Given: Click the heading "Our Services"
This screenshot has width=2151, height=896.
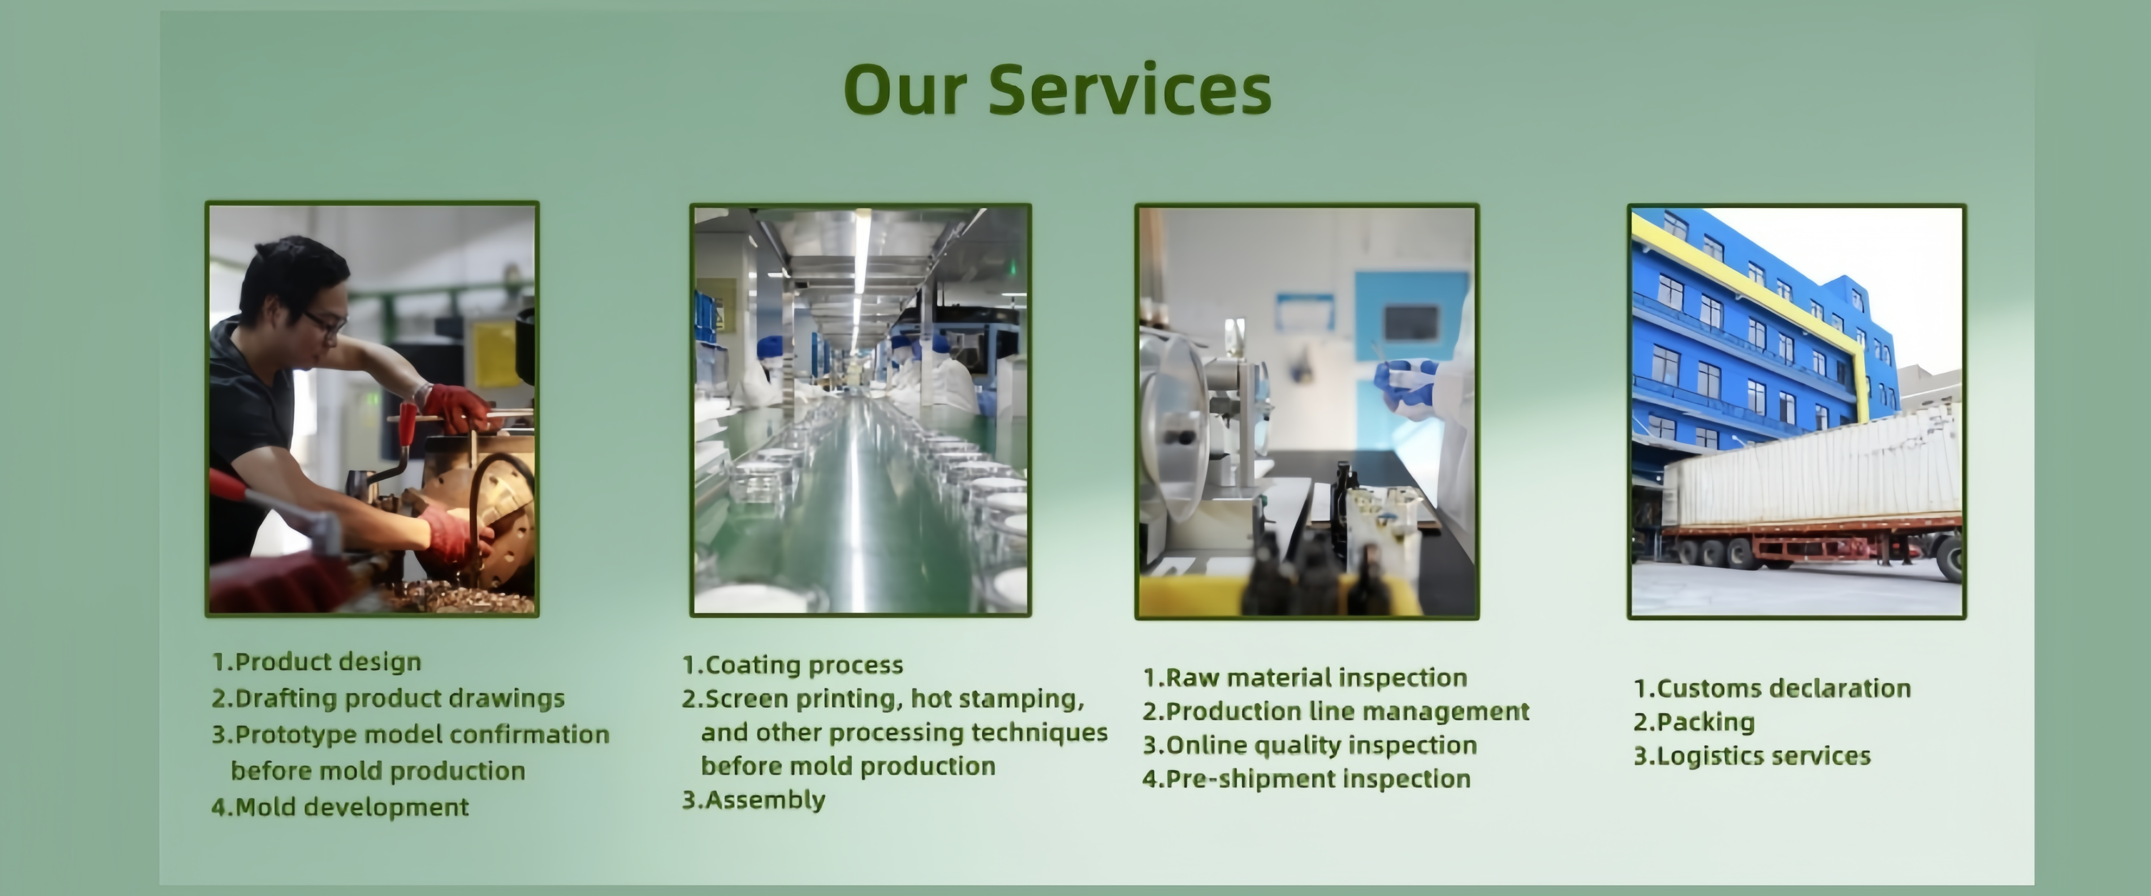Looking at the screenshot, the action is (1057, 89).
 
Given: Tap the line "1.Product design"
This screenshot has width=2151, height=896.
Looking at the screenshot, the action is (316, 662).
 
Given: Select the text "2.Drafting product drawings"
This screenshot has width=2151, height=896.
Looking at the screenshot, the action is (388, 698).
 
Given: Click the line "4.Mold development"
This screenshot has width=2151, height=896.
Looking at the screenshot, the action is (340, 807).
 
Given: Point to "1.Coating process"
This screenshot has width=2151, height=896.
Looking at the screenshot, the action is (792, 665).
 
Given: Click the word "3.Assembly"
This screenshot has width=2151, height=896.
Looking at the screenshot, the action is (753, 800).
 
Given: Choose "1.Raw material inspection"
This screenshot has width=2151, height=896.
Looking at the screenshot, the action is (1304, 677).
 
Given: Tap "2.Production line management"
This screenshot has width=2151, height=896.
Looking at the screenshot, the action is (1336, 711).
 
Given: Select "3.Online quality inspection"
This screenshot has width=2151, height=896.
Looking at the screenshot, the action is (1309, 745).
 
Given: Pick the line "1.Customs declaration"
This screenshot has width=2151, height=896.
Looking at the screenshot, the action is (1772, 688).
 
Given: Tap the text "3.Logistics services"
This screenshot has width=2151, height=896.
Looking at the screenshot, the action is (1752, 756).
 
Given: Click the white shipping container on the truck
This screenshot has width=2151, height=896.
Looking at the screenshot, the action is (1812, 472).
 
